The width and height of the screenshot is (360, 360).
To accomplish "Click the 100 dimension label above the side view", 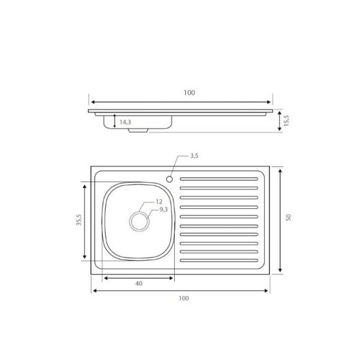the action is pyautogui.click(x=189, y=92).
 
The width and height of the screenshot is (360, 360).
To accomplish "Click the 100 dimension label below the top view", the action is pyautogui.click(x=184, y=298).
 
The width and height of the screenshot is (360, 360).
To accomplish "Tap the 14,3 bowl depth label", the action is pyautogui.click(x=125, y=122).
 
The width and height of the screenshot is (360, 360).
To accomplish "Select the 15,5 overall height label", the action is pyautogui.click(x=287, y=120).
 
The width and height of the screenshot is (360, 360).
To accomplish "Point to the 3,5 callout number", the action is pyautogui.click(x=194, y=156).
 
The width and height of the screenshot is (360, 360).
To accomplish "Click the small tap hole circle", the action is pyautogui.click(x=169, y=179).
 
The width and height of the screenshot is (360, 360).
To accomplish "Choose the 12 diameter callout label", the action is pyautogui.click(x=159, y=202).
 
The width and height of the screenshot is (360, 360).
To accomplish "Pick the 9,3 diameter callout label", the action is pyautogui.click(x=163, y=210).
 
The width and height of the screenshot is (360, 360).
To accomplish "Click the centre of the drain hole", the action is pyautogui.click(x=139, y=222).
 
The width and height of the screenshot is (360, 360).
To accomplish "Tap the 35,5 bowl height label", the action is pyautogui.click(x=78, y=220).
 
